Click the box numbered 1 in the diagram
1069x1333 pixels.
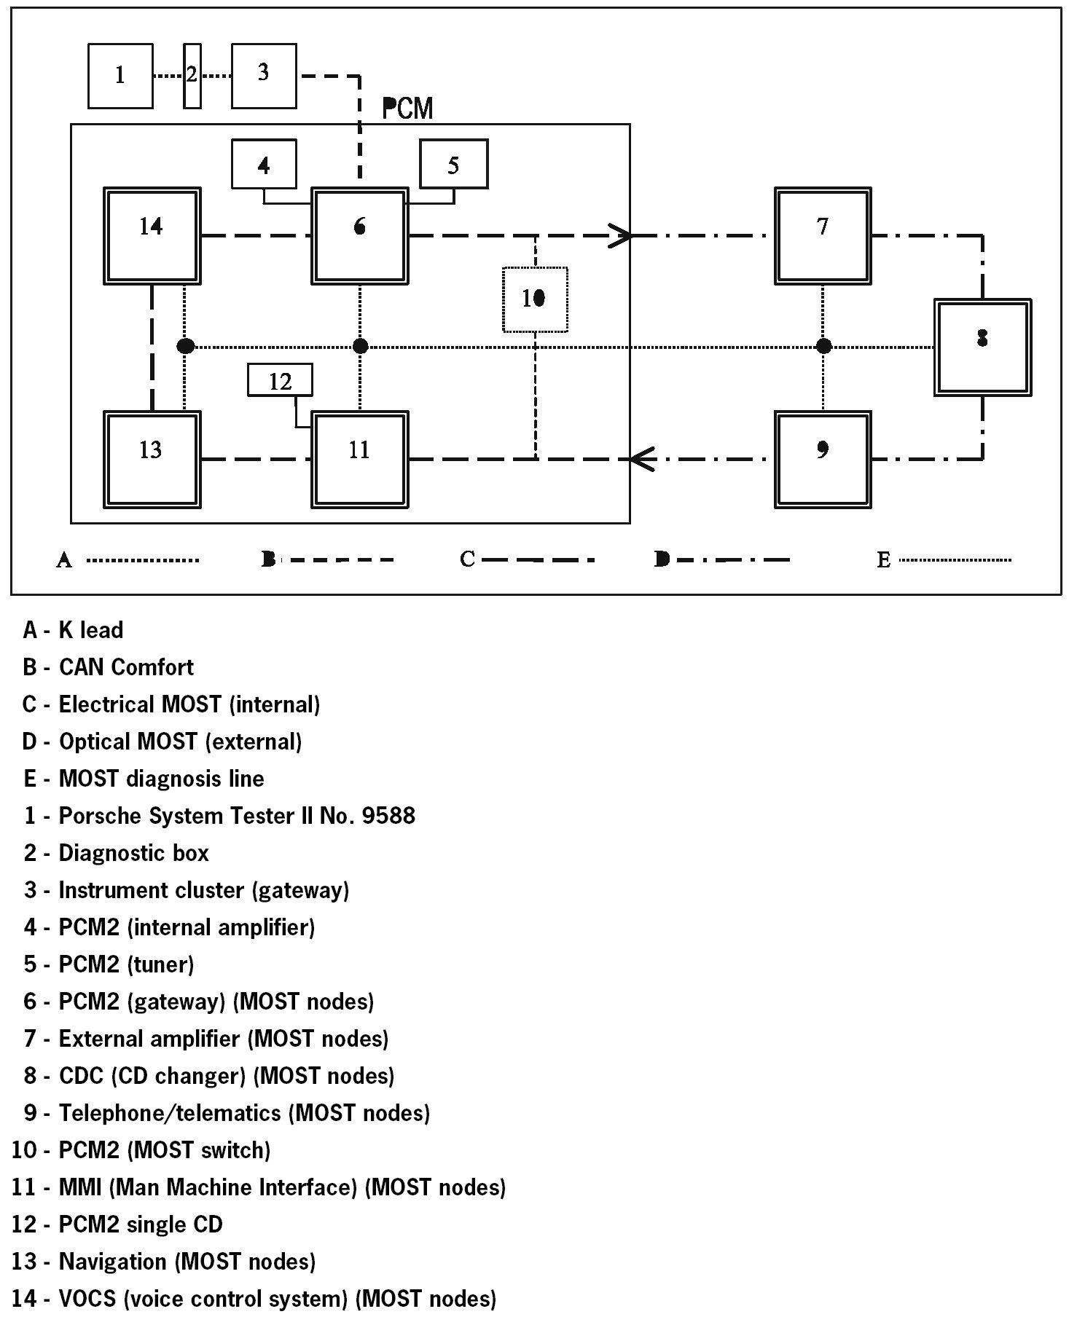coord(120,76)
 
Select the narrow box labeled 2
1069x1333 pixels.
coord(192,76)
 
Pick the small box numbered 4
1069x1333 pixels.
coord(264,165)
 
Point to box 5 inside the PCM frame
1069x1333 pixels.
coord(453,165)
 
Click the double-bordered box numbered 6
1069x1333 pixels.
coord(359,235)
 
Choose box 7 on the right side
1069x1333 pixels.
coord(823,235)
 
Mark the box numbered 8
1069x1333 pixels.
coord(982,347)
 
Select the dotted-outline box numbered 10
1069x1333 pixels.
coord(535,299)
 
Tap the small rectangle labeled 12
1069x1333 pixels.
coord(280,380)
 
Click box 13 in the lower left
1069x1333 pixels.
coord(152,459)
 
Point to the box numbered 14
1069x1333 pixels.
coord(152,235)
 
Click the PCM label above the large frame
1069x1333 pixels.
coord(407,109)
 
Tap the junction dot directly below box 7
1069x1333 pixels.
coord(823,346)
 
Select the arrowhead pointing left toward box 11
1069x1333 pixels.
coord(641,459)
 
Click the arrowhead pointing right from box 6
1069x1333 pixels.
coord(620,235)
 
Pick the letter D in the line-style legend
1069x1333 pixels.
coord(662,559)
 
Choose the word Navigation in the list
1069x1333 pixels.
coord(113,1262)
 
